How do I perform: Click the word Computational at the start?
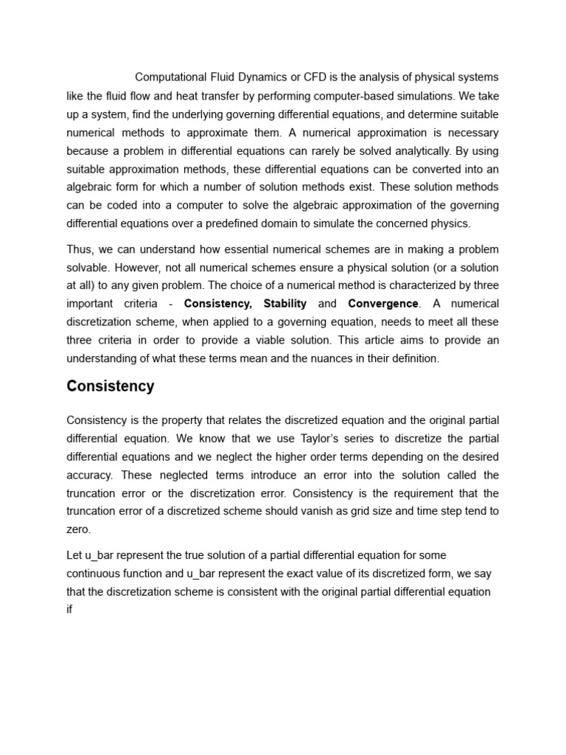pyautogui.click(x=172, y=77)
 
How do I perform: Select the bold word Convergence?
pyautogui.click(x=382, y=304)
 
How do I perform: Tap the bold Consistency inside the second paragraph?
pyautogui.click(x=217, y=304)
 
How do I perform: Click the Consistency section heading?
pyautogui.click(x=111, y=386)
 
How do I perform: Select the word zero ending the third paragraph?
pyautogui.click(x=77, y=529)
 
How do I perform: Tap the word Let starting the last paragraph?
pyautogui.click(x=75, y=555)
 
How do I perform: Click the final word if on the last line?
pyautogui.click(x=69, y=610)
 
